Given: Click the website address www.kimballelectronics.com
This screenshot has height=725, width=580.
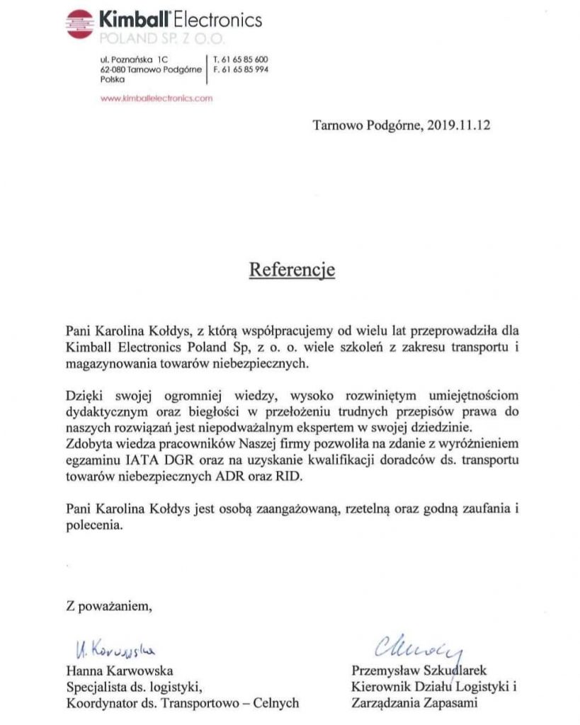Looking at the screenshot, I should pos(157,99).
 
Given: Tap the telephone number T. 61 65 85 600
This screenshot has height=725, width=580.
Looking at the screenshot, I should pos(240,59).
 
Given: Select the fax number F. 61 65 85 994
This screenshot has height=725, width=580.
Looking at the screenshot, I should pos(240,69).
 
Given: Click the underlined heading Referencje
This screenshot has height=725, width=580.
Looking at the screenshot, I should pos(291,270).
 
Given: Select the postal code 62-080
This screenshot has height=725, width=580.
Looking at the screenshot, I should pos(114,69).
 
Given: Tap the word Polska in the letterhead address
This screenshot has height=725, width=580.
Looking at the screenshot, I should pos(113,80).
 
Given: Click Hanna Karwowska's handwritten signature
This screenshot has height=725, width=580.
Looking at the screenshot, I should pos(114,648).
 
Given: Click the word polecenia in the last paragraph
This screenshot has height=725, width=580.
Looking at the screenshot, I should pos(94,526).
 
